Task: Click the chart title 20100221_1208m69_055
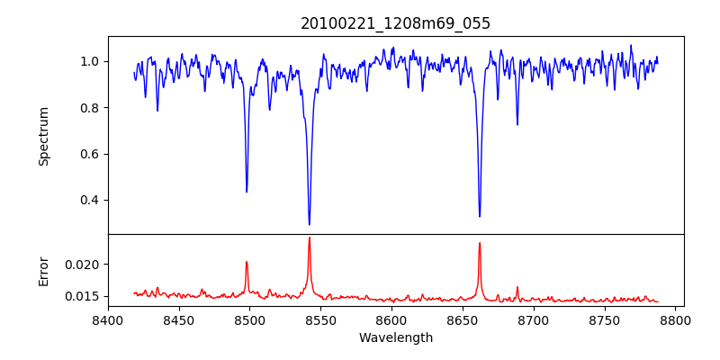click(x=395, y=23)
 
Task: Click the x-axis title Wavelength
click(x=395, y=337)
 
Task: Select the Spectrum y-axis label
click(x=43, y=136)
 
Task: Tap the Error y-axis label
click(x=43, y=271)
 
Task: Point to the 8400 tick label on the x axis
click(x=108, y=319)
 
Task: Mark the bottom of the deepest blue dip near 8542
click(x=310, y=224)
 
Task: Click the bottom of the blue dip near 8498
click(x=247, y=192)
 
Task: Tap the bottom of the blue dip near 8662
click(x=480, y=216)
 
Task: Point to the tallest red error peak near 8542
click(x=310, y=238)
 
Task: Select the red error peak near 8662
click(x=480, y=243)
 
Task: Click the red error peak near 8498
click(x=247, y=262)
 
